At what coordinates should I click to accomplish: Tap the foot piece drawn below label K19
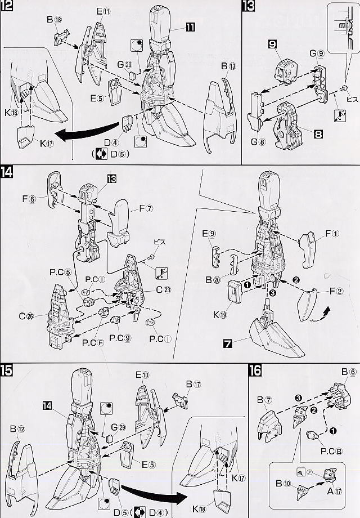click(276, 337)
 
